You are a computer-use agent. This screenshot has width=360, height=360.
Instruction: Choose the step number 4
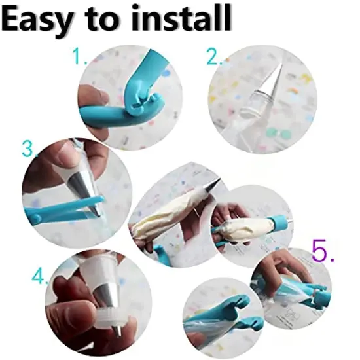click(x=39, y=276)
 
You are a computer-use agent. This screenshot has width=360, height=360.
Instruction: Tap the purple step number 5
click(x=323, y=251)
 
